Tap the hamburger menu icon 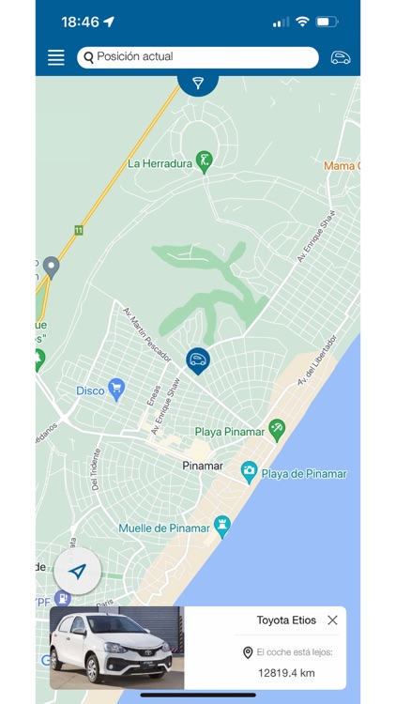[x=56, y=57]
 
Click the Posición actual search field [x=198, y=57]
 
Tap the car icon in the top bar [x=341, y=57]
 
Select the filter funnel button [x=198, y=83]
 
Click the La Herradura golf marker [x=204, y=161]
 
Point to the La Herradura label [x=159, y=163]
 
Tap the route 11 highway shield [x=78, y=230]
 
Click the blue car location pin [x=197, y=360]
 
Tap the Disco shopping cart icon [x=116, y=388]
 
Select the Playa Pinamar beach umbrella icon [x=277, y=429]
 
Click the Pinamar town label [x=203, y=466]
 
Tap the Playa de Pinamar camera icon [x=249, y=471]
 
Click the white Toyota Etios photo [x=116, y=648]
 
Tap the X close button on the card [x=332, y=620]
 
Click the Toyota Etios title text [x=286, y=620]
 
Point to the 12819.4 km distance [x=286, y=672]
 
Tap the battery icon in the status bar [x=327, y=22]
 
